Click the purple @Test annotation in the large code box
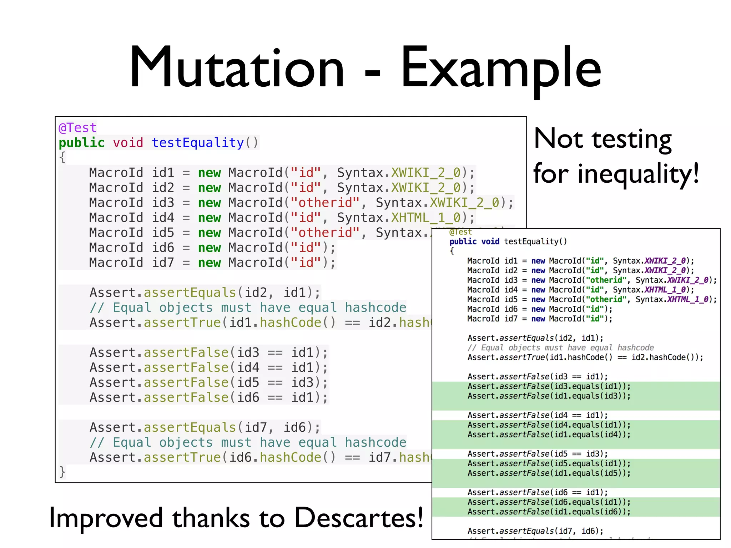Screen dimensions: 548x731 tap(77, 128)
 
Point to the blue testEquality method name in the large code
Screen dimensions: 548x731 tap(197, 143)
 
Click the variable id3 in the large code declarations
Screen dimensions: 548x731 tap(163, 203)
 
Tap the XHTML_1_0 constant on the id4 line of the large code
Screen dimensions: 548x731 tap(426, 218)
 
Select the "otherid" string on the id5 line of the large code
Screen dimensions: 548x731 tap(325, 233)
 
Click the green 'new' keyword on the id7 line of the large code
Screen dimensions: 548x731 tap(210, 263)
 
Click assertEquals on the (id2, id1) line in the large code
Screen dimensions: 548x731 tap(190, 293)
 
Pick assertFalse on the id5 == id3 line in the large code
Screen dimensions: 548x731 tap(186, 382)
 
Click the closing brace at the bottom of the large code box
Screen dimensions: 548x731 tap(62, 472)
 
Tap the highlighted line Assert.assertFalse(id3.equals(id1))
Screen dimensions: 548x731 tap(549, 386)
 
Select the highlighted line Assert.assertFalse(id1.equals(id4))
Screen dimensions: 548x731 tap(549, 435)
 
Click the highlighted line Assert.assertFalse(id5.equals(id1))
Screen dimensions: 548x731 tap(549, 463)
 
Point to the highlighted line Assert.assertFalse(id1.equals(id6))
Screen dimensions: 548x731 tap(549, 512)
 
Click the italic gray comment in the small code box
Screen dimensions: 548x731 tap(560, 348)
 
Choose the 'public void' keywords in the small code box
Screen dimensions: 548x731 tap(474, 242)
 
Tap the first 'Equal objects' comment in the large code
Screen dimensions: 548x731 tap(248, 308)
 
